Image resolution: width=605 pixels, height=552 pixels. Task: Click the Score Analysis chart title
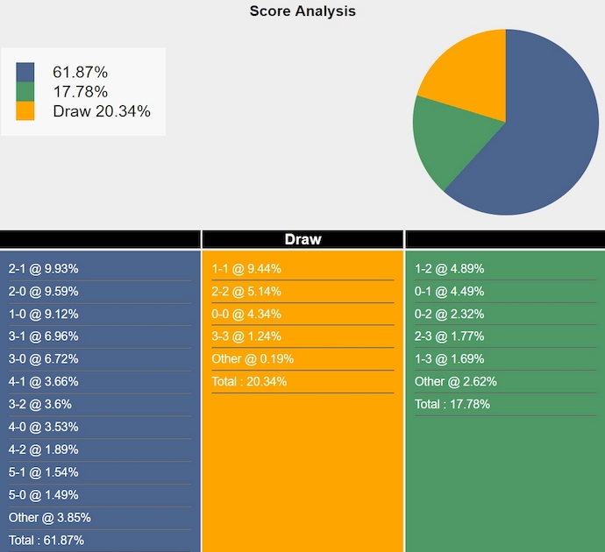pyautogui.click(x=302, y=11)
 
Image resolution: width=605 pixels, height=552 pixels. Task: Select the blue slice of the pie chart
pyautogui.click(x=544, y=140)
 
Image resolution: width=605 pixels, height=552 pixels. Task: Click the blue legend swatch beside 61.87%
pyautogui.click(x=25, y=73)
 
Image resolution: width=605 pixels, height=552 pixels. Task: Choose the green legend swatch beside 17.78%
pyautogui.click(x=25, y=92)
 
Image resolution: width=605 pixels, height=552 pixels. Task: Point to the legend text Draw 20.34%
pyautogui.click(x=101, y=111)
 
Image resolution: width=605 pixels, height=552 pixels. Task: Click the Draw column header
pyautogui.click(x=302, y=239)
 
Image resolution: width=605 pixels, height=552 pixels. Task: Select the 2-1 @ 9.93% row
pyautogui.click(x=44, y=269)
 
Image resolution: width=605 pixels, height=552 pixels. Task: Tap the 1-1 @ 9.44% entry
pyautogui.click(x=246, y=269)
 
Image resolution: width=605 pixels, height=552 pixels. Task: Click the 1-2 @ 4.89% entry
pyautogui.click(x=449, y=269)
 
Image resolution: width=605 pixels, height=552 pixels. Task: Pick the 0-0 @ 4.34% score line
pyautogui.click(x=246, y=314)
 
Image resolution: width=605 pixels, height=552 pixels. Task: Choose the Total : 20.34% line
pyautogui.click(x=249, y=381)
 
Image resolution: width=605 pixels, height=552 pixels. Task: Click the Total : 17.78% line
pyautogui.click(x=452, y=404)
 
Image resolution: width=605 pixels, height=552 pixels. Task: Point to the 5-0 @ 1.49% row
pyautogui.click(x=44, y=494)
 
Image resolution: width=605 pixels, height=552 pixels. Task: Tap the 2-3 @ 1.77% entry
pyautogui.click(x=449, y=336)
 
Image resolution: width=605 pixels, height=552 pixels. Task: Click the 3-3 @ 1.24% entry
pyautogui.click(x=246, y=336)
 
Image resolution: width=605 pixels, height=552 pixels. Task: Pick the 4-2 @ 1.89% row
pyautogui.click(x=44, y=449)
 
